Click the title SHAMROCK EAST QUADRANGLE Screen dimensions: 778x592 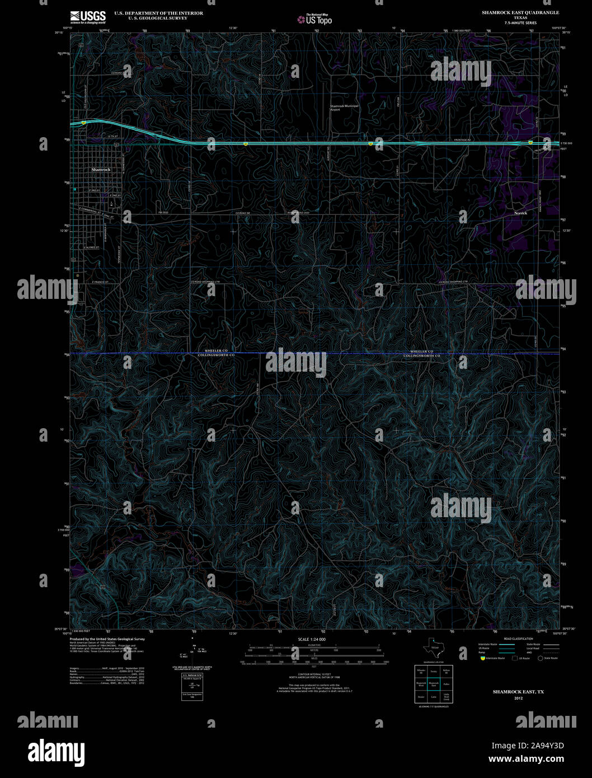click(520, 12)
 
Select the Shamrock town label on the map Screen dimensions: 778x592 click(101, 169)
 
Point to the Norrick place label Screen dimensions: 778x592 click(520, 213)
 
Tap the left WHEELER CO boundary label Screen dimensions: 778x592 click(216, 350)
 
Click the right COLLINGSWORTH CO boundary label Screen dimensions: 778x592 click(422, 355)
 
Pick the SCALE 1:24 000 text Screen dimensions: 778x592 click(312, 639)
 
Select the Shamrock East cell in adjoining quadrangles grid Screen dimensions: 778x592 click(434, 683)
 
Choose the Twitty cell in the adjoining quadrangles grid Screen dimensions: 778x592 click(434, 671)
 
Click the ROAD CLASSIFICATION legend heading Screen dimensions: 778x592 click(518, 639)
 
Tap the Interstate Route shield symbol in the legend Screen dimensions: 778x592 click(483, 658)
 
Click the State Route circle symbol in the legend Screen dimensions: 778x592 click(541, 658)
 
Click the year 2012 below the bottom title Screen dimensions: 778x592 click(518, 698)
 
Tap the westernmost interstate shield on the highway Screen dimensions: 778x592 click(83, 121)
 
